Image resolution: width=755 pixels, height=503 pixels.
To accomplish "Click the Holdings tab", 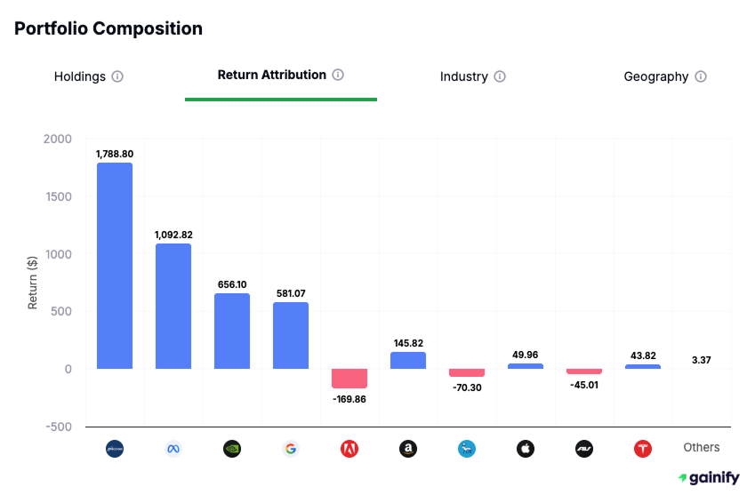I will pyautogui.click(x=79, y=76).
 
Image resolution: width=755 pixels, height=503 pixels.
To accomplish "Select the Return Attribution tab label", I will pyautogui.click(x=271, y=75).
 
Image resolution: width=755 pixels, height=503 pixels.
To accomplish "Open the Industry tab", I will pyautogui.click(x=463, y=76).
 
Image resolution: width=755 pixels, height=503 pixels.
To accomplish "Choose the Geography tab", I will pyautogui.click(x=655, y=76).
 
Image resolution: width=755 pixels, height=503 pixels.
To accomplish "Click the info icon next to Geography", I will pyautogui.click(x=701, y=76).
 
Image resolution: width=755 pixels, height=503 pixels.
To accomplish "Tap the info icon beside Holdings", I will pyautogui.click(x=117, y=76).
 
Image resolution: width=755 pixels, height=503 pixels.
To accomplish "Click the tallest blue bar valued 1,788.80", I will pyautogui.click(x=115, y=266).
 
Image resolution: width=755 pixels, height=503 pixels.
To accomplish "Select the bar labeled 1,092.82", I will pyautogui.click(x=173, y=306).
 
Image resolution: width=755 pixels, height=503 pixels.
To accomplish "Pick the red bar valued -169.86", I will pyautogui.click(x=349, y=379).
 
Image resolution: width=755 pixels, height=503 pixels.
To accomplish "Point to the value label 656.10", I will pyautogui.click(x=232, y=284).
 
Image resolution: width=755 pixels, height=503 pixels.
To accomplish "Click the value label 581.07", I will pyautogui.click(x=291, y=293).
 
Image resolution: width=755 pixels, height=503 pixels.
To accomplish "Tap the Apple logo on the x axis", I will pyautogui.click(x=526, y=449).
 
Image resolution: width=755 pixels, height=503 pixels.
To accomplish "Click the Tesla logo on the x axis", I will pyautogui.click(x=643, y=449).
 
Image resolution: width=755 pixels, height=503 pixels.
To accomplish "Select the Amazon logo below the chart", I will pyautogui.click(x=408, y=449).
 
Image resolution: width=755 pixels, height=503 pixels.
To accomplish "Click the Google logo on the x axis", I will pyautogui.click(x=291, y=449).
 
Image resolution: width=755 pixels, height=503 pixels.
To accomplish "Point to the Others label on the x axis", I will pyautogui.click(x=701, y=448).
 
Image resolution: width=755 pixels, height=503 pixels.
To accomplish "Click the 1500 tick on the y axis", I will pyautogui.click(x=60, y=196).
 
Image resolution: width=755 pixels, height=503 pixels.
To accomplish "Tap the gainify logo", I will pyautogui.click(x=708, y=478).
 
